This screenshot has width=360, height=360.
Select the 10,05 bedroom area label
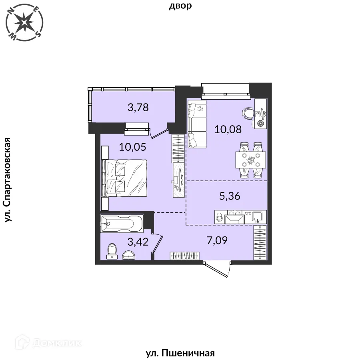[x=132, y=147]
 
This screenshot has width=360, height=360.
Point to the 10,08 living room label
[x=228, y=130]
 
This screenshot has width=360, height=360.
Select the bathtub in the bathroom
[x=122, y=224]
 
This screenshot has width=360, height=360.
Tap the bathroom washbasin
[x=129, y=255]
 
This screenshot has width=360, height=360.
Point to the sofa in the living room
[x=197, y=124]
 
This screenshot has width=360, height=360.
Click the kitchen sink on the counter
[x=257, y=217]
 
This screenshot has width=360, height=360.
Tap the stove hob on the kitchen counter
[x=234, y=217]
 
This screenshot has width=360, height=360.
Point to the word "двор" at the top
[x=180, y=6]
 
